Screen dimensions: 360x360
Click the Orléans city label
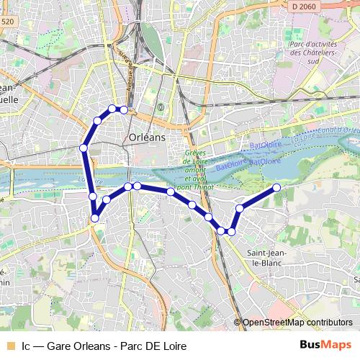click(x=146, y=137)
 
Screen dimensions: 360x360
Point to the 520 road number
click(x=8, y=22)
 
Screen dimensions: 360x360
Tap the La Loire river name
click(x=304, y=135)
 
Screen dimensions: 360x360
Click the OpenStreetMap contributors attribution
click(x=297, y=323)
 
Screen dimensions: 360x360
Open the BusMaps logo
click(x=325, y=344)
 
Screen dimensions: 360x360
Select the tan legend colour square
click(x=10, y=345)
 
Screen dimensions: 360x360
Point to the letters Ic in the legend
click(x=26, y=345)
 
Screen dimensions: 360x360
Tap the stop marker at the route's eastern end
click(x=276, y=188)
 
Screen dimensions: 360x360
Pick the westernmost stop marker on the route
click(x=84, y=148)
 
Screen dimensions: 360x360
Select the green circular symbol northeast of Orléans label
click(x=161, y=108)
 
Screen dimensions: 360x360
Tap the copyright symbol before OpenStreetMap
click(x=238, y=323)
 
